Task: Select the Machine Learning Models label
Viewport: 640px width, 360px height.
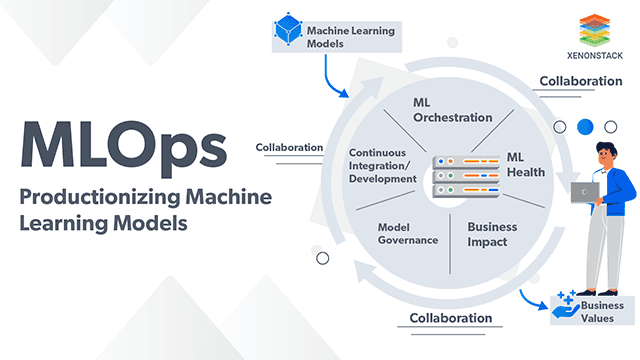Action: coord(351,36)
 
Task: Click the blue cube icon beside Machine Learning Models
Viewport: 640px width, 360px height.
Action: coord(288,33)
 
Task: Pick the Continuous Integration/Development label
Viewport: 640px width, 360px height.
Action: coord(382,165)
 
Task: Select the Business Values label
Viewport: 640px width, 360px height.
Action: coord(603,311)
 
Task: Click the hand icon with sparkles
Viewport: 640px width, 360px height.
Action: coord(565,308)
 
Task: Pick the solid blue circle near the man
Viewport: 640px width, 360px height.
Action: coord(585,127)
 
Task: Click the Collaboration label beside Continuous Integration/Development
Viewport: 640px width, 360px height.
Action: coord(289,147)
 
